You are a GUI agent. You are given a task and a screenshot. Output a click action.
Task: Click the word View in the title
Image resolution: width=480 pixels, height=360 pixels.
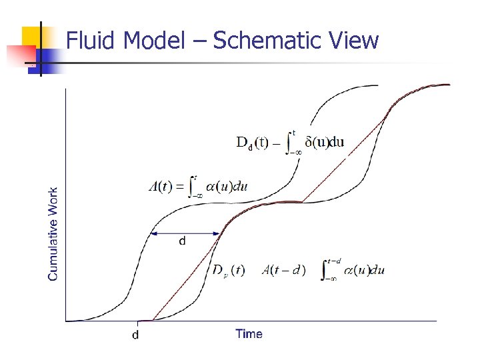354,41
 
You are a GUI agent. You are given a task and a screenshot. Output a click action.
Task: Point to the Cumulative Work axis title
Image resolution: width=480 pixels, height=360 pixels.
53,233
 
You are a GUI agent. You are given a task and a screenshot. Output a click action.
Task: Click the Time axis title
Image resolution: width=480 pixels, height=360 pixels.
249,334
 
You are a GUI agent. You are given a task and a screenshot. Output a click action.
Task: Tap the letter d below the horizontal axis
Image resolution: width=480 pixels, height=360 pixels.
135,335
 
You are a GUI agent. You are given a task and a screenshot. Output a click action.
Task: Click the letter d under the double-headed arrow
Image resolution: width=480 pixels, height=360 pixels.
183,241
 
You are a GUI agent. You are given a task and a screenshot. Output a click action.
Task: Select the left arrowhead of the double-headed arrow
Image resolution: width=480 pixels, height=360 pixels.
153,233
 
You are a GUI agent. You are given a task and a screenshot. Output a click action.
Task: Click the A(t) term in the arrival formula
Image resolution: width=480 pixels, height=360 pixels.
160,186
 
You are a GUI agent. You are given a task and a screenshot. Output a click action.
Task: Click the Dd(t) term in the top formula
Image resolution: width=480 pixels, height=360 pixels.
253,142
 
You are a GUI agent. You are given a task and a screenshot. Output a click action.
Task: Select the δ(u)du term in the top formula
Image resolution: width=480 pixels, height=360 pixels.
324,142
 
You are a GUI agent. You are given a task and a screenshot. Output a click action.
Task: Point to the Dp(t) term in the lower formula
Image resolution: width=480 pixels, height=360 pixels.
228,270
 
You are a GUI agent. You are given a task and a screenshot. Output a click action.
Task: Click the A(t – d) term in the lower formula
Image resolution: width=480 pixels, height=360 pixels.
284,270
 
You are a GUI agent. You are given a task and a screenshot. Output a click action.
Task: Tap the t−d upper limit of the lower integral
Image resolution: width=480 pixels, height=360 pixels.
334,261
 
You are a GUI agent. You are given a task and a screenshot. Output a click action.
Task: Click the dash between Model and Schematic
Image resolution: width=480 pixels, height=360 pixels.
202,42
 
